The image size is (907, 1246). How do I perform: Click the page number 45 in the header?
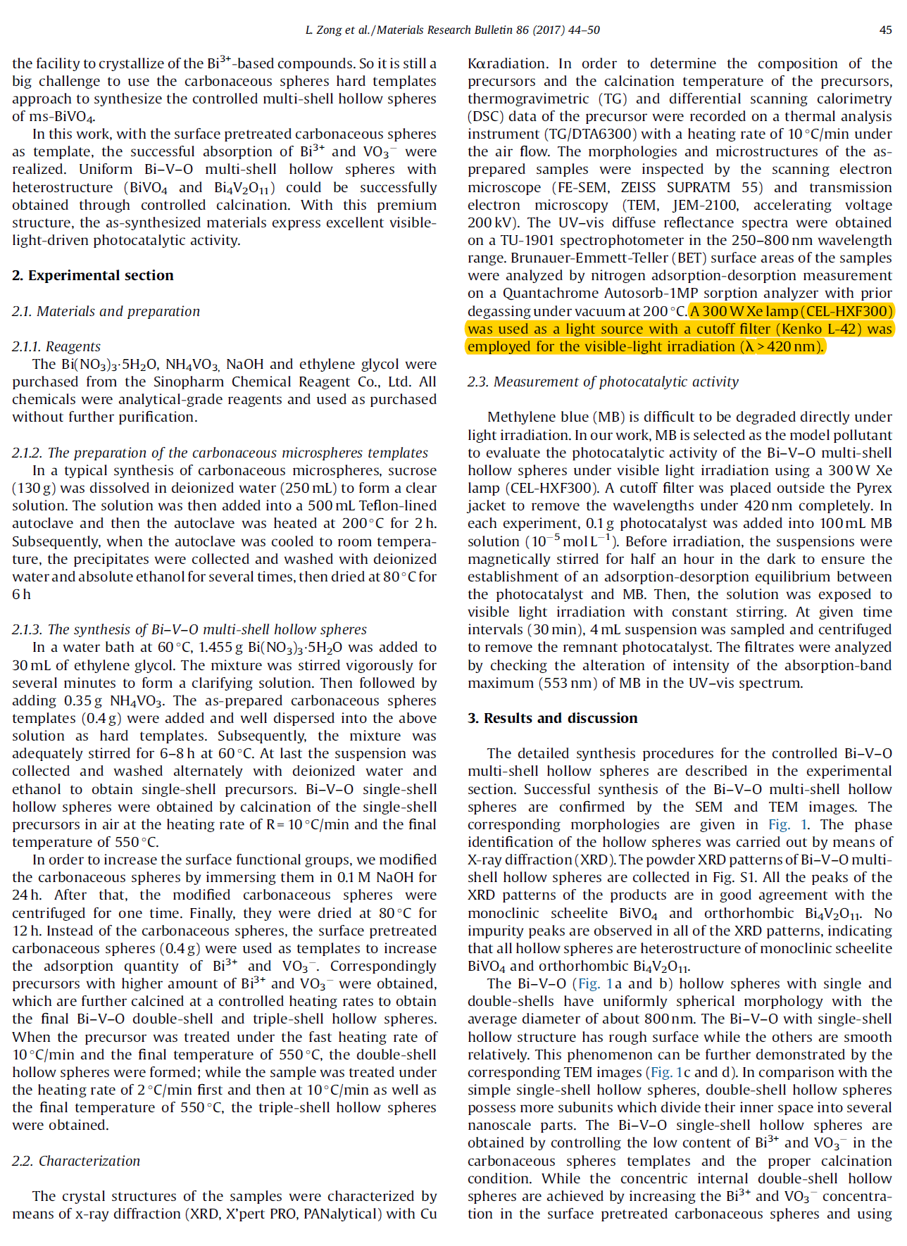point(885,30)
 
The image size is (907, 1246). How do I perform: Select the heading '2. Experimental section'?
point(93,275)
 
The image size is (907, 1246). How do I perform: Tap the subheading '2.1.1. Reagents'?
point(56,346)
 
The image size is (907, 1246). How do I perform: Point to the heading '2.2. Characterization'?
point(76,1161)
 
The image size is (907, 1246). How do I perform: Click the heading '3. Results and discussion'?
point(553,718)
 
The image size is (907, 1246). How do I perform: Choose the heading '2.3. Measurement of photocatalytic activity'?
point(603,382)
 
